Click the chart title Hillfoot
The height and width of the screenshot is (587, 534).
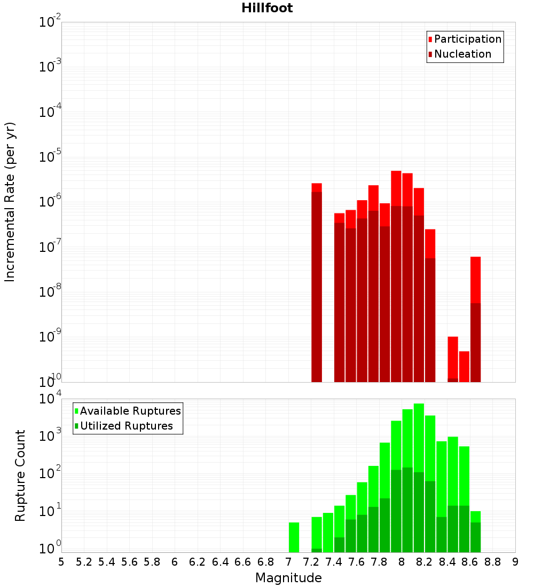coord(267,8)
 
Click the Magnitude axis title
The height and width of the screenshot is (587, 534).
coord(288,578)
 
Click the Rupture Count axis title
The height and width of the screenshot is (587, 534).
coord(20,475)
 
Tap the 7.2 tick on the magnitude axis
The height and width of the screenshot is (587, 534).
coord(311,562)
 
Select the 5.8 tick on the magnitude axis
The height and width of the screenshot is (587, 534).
coord(152,562)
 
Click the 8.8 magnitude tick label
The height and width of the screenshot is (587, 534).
coord(492,562)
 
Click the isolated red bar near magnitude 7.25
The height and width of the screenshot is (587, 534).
coord(317,283)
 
